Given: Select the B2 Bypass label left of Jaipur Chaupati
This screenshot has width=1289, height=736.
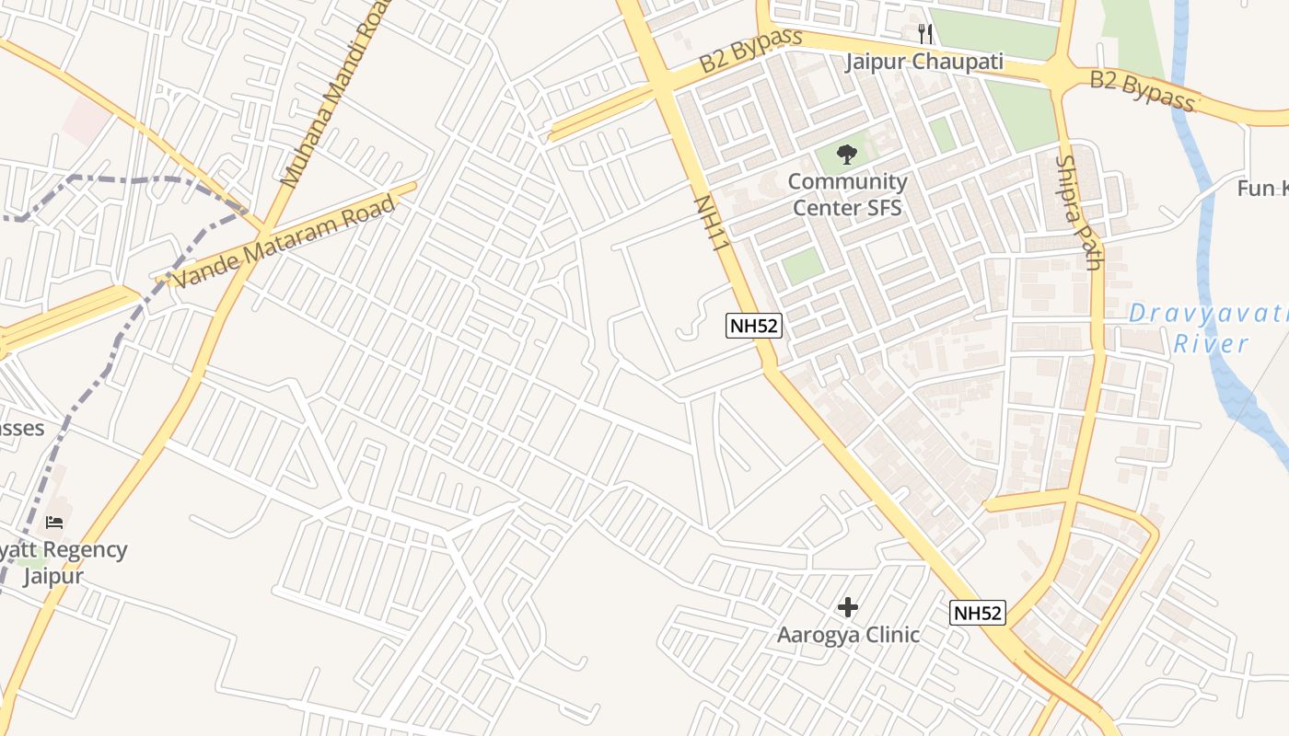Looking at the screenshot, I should pos(750,52).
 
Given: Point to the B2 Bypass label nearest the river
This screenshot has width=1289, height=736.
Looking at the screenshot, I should pos(1143,90).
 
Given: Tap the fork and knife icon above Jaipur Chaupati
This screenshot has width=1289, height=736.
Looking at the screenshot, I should pos(925,34).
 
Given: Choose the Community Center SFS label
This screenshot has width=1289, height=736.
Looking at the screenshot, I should pos(847,194).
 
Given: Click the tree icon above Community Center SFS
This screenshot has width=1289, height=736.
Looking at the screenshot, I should pos(846,155).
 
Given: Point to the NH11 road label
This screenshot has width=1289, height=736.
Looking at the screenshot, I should pos(712,222).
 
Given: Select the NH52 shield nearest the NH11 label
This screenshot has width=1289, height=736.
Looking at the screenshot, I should pos(754,326).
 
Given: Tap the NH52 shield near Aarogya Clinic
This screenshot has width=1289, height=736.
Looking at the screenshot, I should pos(978,613).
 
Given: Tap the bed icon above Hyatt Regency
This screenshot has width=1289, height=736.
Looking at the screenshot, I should pos(54,523).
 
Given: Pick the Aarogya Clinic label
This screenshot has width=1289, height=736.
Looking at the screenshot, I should pos(848,635).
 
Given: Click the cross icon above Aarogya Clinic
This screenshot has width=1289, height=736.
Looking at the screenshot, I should pos(848,607).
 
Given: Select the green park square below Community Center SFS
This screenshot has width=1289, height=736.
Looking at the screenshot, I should pos(802,266).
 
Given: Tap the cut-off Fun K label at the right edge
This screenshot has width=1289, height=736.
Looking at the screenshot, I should pos(1263,189).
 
